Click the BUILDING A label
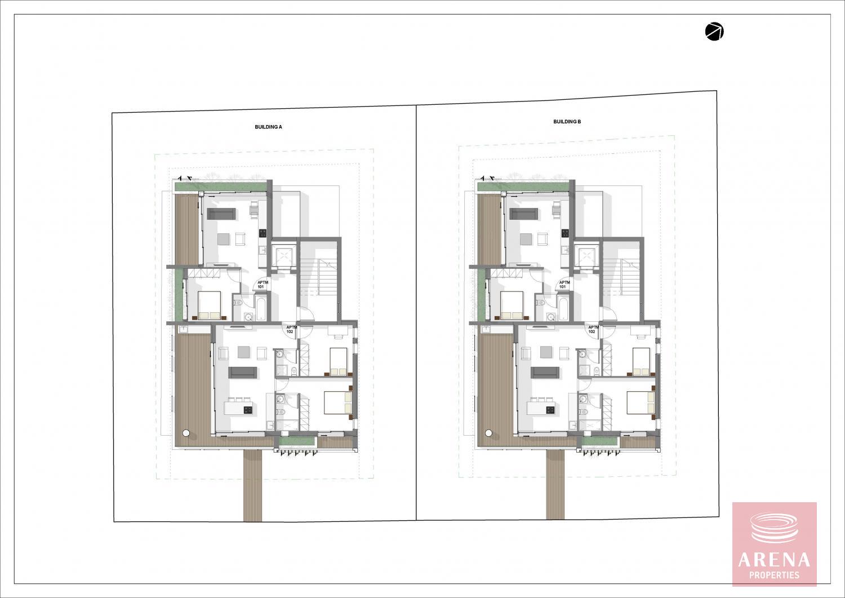point(268,127)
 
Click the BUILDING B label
point(567,122)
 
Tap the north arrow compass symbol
point(714,32)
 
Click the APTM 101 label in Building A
point(261,285)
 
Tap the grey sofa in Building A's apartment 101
point(221,214)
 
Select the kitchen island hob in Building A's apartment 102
point(248,410)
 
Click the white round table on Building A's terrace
point(186,433)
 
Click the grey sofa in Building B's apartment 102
point(545,372)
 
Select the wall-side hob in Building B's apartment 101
point(564,233)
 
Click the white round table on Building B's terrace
point(489,433)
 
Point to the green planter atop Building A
point(221,187)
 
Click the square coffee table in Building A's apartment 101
point(223,239)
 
